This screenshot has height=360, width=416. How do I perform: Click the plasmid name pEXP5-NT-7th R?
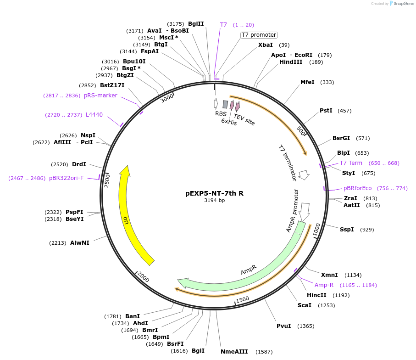(x=214, y=193)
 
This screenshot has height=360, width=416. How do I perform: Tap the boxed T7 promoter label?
(x=259, y=35)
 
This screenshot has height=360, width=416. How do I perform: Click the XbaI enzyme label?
(x=266, y=45)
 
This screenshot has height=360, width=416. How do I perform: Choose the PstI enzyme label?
(x=326, y=111)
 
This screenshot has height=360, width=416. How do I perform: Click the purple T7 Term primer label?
(x=351, y=163)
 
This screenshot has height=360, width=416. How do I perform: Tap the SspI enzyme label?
(x=346, y=229)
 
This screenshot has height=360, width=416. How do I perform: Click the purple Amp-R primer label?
(x=324, y=285)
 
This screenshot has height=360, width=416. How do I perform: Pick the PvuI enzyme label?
(x=283, y=326)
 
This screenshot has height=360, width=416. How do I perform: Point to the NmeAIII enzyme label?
(x=234, y=352)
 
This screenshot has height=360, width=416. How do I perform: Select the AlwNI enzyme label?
(x=80, y=242)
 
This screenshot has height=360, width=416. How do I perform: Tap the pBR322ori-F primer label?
(x=67, y=178)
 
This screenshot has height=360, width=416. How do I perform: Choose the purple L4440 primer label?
(x=94, y=115)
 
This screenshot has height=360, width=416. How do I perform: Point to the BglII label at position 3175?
(x=196, y=24)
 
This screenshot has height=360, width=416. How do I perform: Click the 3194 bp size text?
(x=214, y=201)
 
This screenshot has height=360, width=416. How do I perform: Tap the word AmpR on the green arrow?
(x=248, y=270)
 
